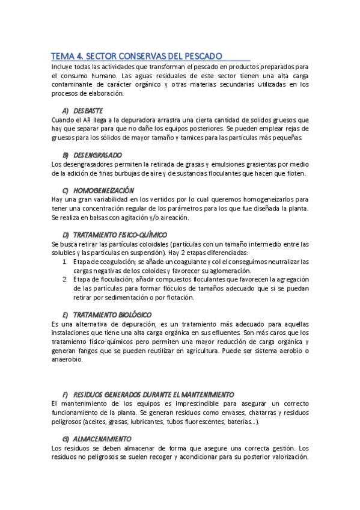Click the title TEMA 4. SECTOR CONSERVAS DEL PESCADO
pos(136,55)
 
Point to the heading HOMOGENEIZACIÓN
pos(103,190)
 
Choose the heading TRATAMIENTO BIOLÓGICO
pos(112,315)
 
